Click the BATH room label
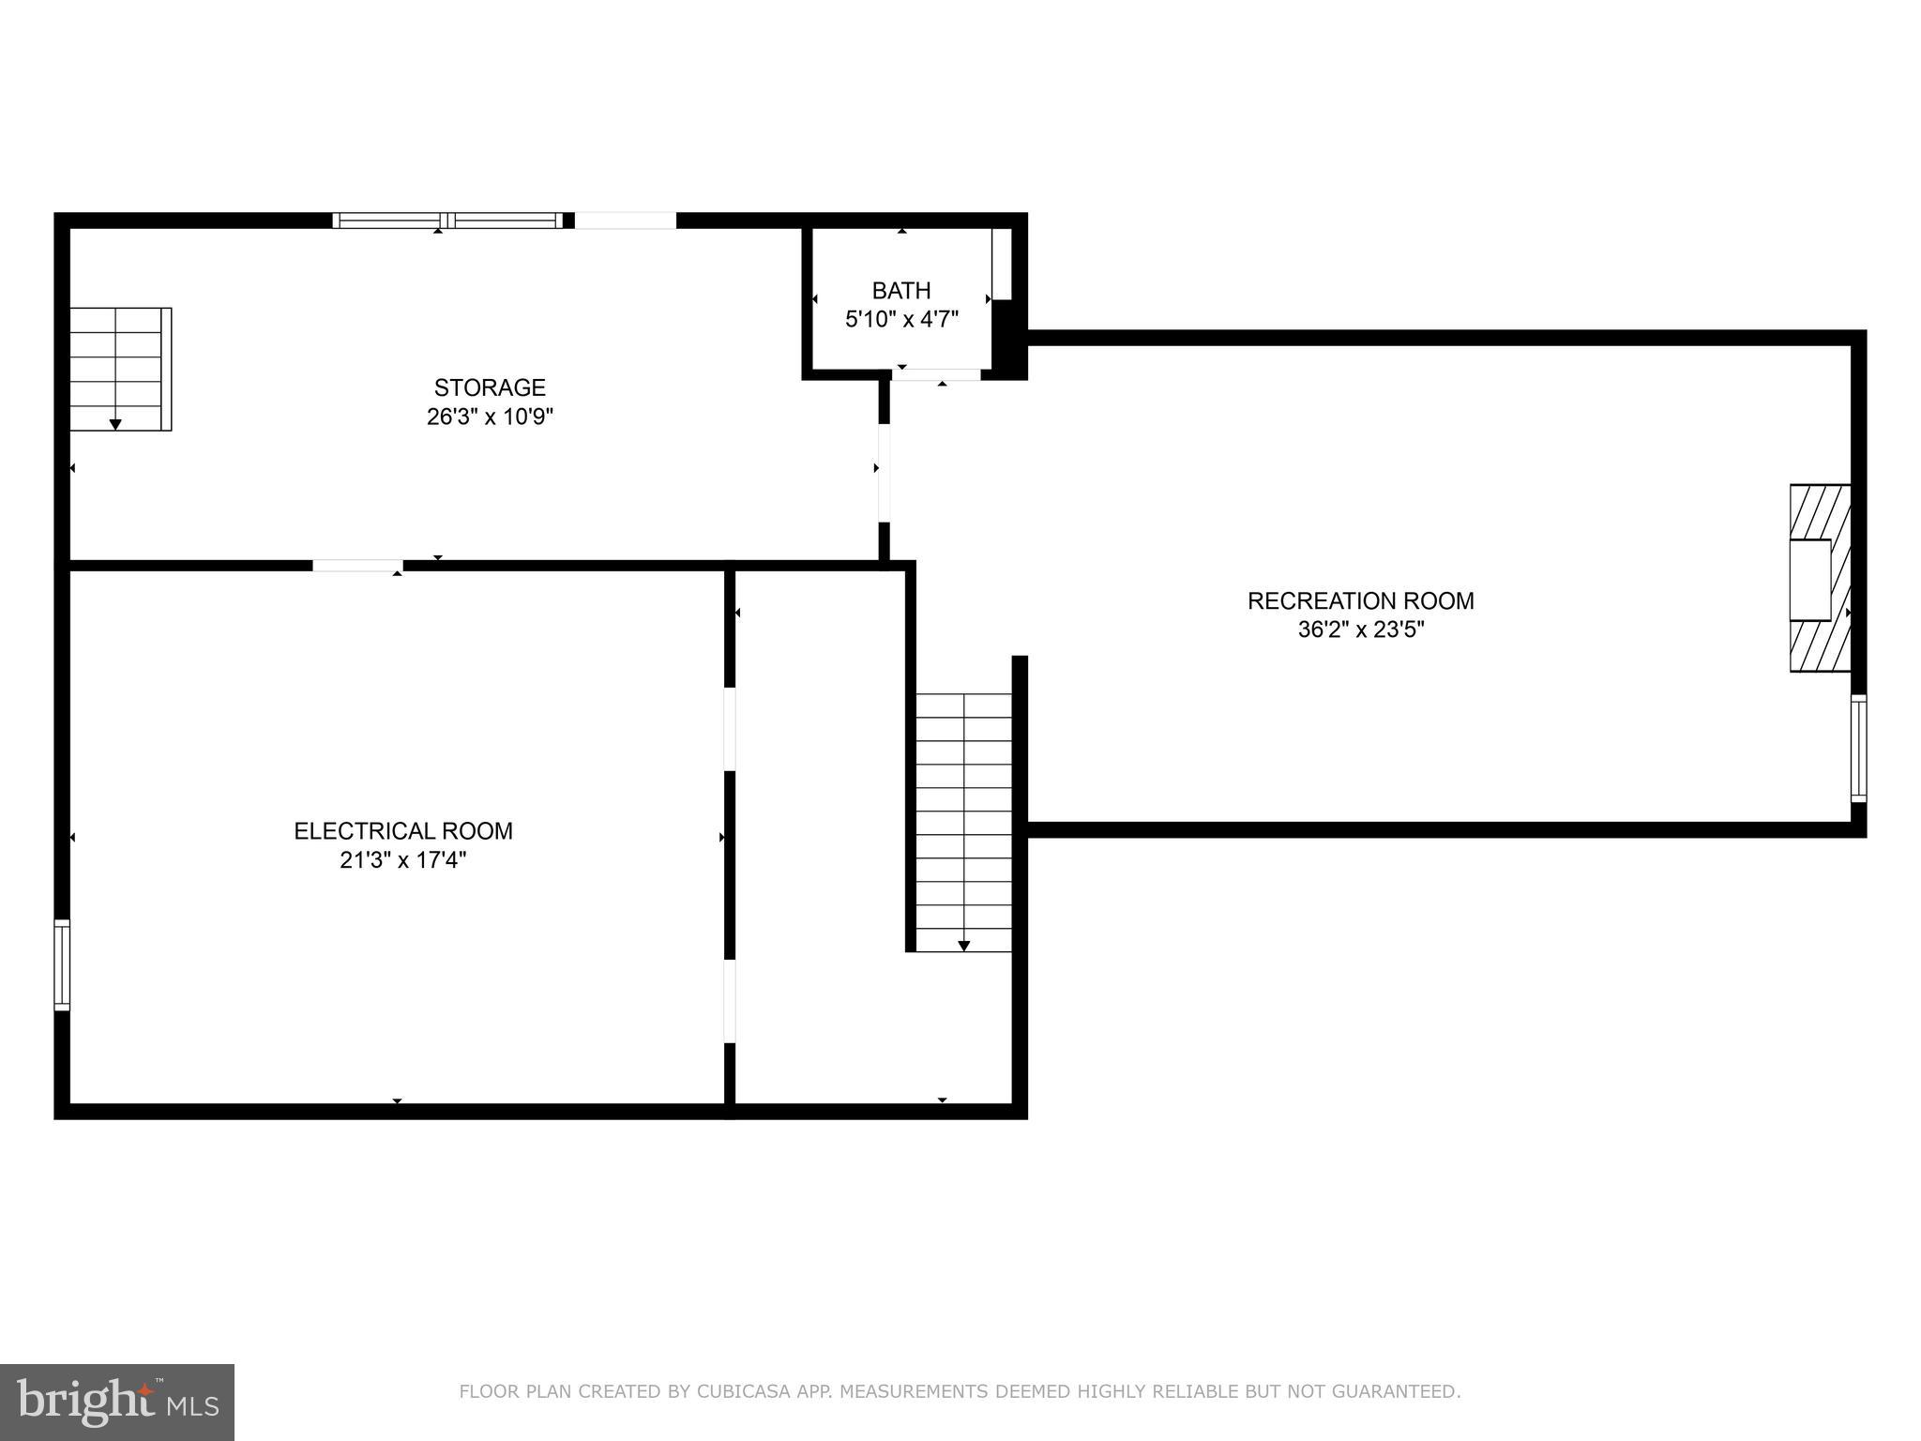coord(901,291)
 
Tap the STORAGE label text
coord(490,387)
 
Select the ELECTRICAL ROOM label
coord(403,831)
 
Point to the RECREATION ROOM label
coord(1360,601)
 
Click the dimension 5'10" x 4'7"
coord(901,320)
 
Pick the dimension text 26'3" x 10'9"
coord(490,417)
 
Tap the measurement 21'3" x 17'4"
coord(403,860)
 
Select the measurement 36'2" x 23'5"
coord(1360,629)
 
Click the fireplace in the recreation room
coord(1820,578)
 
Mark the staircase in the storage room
coord(120,369)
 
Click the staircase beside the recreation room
coord(963,822)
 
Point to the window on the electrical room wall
coord(62,964)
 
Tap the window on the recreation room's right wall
coord(1858,749)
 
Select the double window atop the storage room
coord(448,220)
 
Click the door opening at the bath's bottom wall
coord(936,375)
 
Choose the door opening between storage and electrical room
coord(357,566)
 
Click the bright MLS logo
coord(116,1403)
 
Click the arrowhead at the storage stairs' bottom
coord(115,425)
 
